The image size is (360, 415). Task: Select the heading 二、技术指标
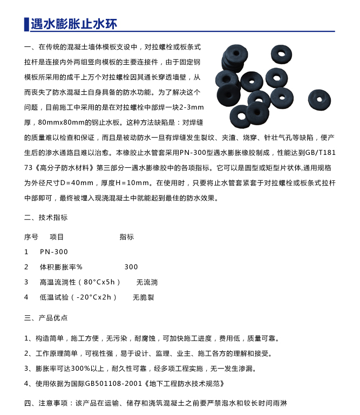click(x=46, y=217)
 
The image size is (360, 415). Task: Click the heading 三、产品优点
click(x=46, y=318)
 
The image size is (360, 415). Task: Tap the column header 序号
click(x=31, y=237)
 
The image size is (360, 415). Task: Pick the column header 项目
click(x=57, y=237)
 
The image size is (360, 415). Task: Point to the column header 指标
click(x=126, y=237)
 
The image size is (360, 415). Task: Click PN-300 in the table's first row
click(x=54, y=252)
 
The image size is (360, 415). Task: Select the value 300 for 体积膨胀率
click(x=131, y=267)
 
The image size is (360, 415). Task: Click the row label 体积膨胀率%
click(x=61, y=267)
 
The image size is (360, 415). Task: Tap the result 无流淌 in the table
click(x=147, y=282)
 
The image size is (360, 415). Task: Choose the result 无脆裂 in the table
click(x=144, y=297)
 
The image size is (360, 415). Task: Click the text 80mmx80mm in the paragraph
click(x=61, y=123)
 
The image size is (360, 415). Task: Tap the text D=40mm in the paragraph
click(x=98, y=183)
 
